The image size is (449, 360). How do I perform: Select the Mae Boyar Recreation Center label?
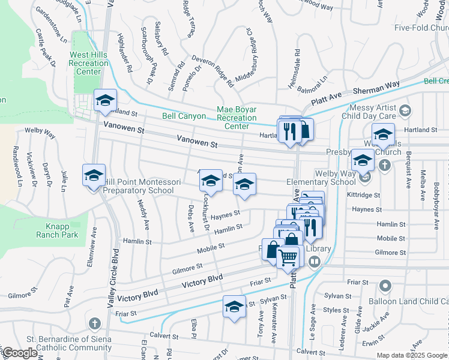click(x=237, y=118)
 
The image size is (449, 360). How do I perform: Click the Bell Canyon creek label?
click(x=184, y=116)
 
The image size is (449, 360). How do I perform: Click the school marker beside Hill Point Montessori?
click(x=94, y=176)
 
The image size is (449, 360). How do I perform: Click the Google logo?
click(x=20, y=353)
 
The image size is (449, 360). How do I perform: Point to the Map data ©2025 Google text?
click(x=411, y=355)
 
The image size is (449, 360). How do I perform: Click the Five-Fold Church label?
click(x=421, y=28)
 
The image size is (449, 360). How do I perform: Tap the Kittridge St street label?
click(x=363, y=195)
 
